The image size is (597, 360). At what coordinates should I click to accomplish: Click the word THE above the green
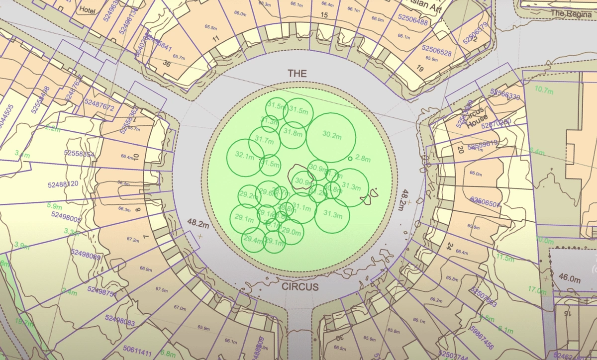pos(297,73)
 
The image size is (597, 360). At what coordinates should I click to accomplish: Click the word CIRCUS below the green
pos(300,287)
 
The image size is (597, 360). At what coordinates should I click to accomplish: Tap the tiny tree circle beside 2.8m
pos(350,159)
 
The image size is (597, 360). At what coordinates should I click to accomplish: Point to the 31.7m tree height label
pos(264,141)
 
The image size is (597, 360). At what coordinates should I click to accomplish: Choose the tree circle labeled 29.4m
pos(254,240)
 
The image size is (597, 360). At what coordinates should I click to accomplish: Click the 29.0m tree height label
pos(292,232)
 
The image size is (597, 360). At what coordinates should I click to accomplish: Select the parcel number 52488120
pos(63,184)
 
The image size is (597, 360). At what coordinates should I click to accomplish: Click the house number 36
pos(167,63)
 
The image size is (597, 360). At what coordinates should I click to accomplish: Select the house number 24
pos(449,246)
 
